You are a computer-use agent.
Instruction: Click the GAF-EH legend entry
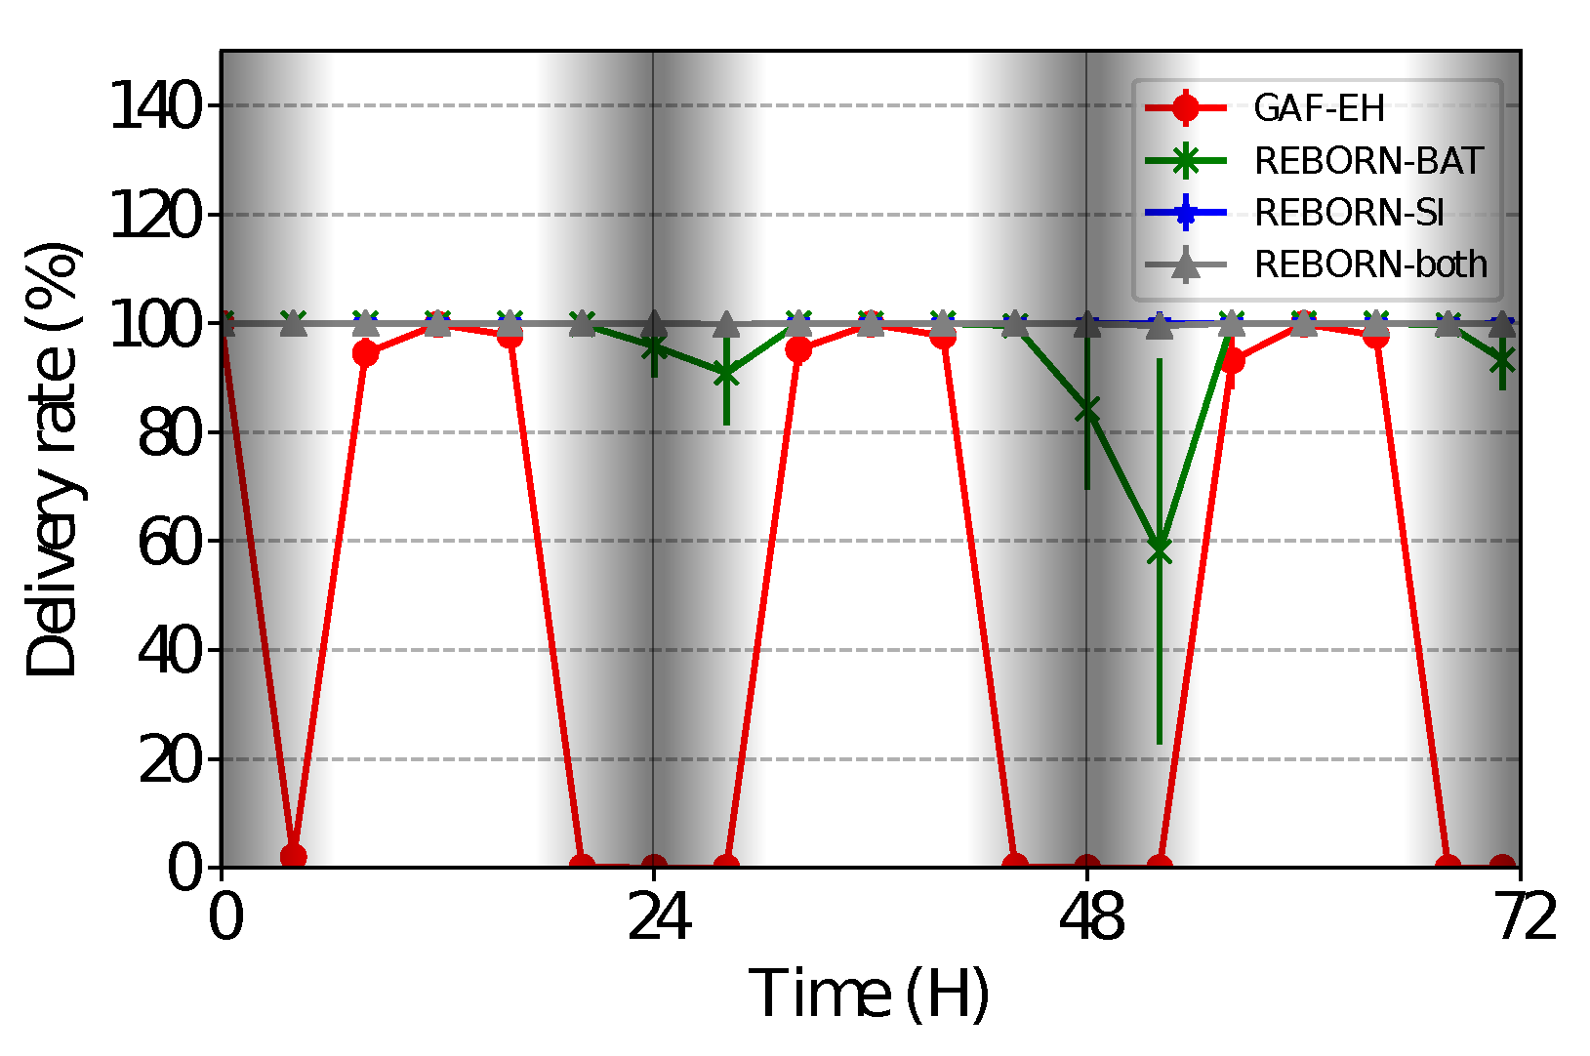coord(1319,107)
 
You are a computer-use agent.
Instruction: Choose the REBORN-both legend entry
coord(1370,264)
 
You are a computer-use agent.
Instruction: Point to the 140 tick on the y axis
coord(156,105)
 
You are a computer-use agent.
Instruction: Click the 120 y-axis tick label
coord(156,215)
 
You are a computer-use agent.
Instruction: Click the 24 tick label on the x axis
coord(654,918)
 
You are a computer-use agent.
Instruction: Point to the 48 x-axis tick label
coord(1087,918)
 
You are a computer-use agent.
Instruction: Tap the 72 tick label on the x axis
coord(1520,918)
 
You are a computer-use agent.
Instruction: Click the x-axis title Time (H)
coord(869,994)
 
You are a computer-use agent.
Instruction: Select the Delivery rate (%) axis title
coord(53,459)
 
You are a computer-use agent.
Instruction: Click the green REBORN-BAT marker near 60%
coord(1160,549)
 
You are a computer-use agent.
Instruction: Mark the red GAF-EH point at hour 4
coord(293,856)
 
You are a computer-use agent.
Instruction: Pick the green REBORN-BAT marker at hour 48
coord(1087,410)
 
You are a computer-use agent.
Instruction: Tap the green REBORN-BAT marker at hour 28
coord(726,373)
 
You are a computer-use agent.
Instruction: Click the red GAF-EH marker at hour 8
coord(365,352)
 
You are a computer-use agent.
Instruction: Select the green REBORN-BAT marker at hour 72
coord(1503,361)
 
